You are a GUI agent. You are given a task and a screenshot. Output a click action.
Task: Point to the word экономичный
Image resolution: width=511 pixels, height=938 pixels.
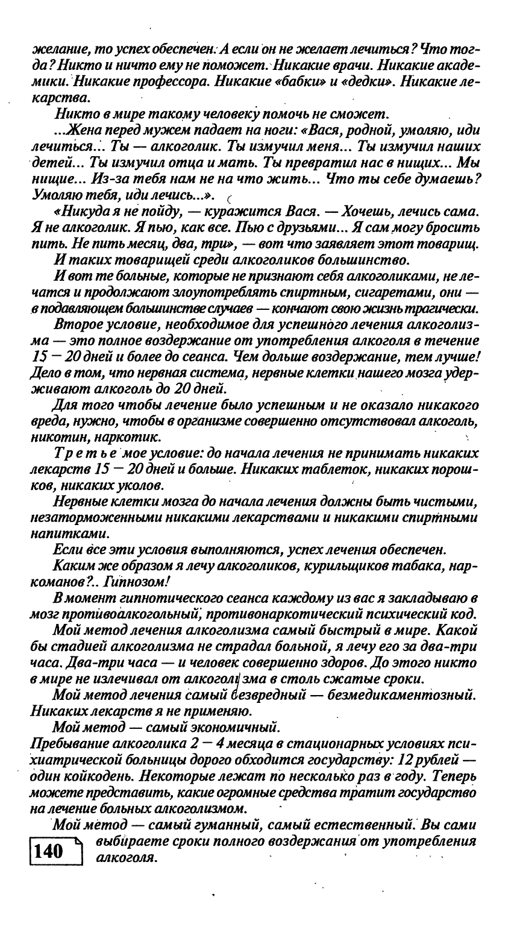(x=228, y=723)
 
